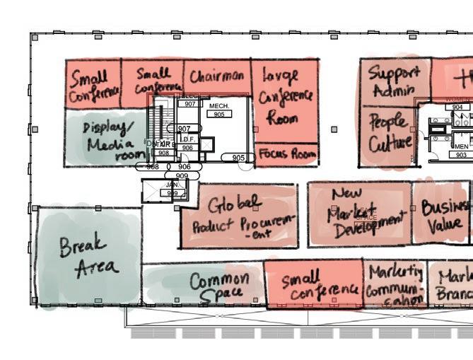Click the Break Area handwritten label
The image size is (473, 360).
click(88, 256)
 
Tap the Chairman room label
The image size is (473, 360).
click(217, 76)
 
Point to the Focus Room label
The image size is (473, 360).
click(286, 153)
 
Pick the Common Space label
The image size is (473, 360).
click(218, 286)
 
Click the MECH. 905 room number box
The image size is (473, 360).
click(220, 114)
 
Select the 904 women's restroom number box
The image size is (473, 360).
click(457, 108)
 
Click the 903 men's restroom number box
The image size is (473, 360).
click(461, 155)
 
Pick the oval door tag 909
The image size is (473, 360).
click(182, 175)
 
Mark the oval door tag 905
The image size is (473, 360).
click(238, 158)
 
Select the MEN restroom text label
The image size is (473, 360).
click(461, 146)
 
